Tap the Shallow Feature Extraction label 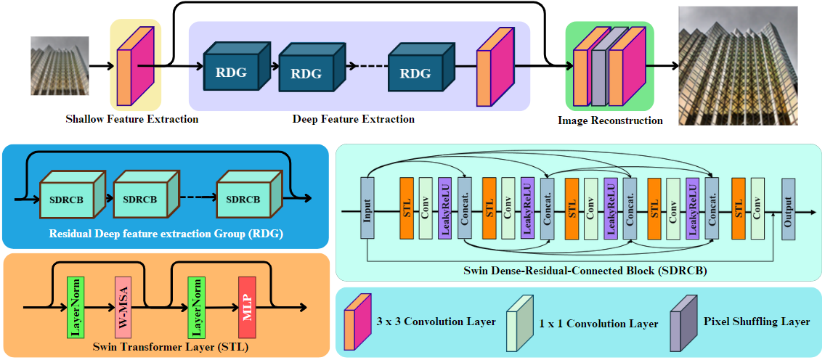point(132,119)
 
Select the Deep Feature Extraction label point(354,119)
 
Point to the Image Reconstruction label point(610,120)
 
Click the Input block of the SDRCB point(367,208)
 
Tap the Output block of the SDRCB point(788,208)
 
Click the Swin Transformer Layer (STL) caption point(171,348)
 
